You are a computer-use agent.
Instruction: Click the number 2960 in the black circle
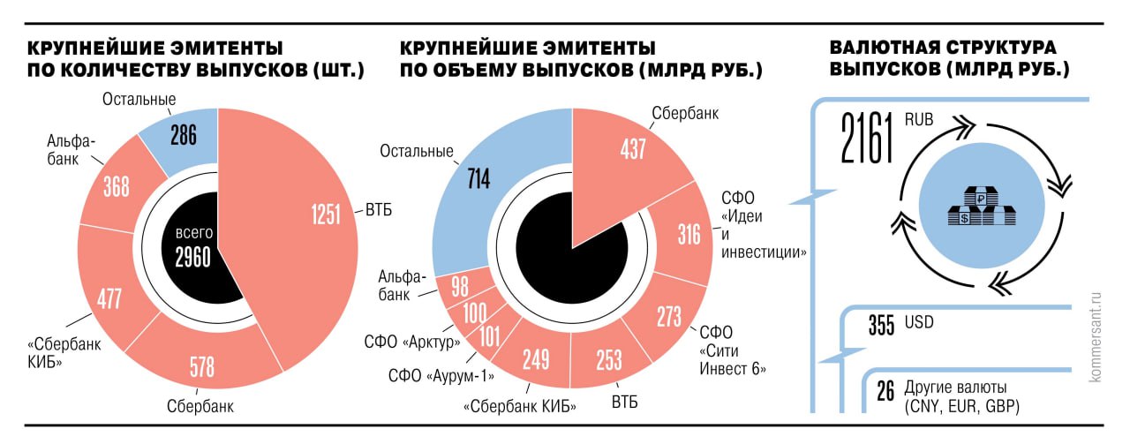[192, 257]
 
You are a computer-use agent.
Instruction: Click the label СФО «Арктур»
[409, 341]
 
